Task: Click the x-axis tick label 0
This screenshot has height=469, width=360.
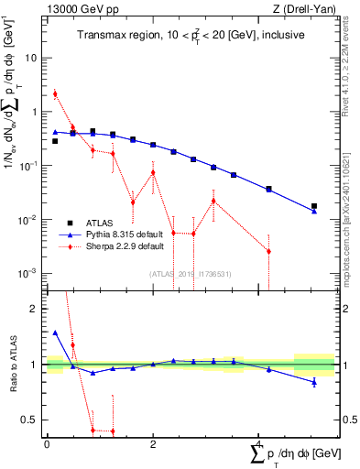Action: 47,444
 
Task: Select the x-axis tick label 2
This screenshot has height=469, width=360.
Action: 152,444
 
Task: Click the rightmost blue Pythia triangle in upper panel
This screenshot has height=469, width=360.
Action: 314,212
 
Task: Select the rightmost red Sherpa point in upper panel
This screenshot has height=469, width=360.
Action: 268,251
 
